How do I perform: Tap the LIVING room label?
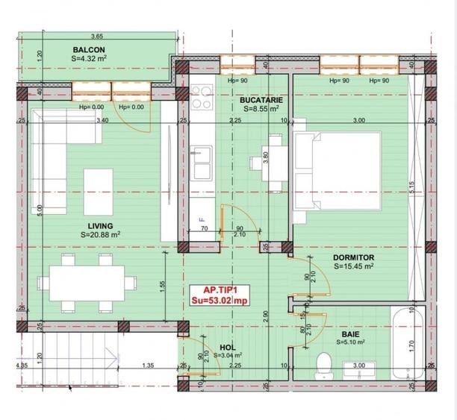point(99,225)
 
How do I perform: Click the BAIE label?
point(350,334)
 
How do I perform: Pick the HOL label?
point(228,347)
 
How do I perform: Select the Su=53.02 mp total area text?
point(220,301)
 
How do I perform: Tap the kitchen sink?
point(202,163)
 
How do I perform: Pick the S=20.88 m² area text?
point(101,235)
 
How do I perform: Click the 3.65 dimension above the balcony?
point(96,36)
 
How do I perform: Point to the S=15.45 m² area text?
point(354,266)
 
